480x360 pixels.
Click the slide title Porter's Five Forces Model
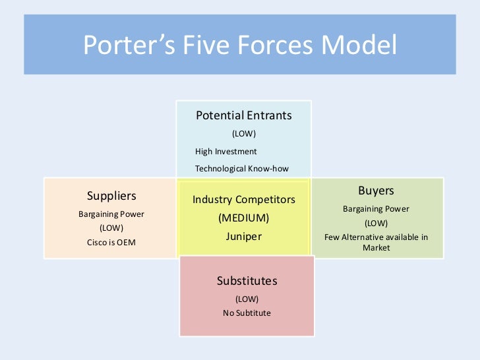[x=240, y=46]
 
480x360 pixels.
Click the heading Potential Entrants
[x=243, y=115]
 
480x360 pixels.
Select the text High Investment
[x=225, y=152]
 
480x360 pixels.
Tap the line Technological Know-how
[x=242, y=168]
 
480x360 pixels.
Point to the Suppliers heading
[x=111, y=196]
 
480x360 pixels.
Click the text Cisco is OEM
[x=111, y=241]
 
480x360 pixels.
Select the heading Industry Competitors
[x=243, y=199]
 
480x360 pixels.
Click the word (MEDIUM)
[x=243, y=218]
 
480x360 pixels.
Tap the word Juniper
[x=243, y=235]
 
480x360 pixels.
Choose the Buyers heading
[x=376, y=191]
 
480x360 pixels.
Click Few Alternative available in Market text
[x=376, y=242]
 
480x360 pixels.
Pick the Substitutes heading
[x=247, y=281]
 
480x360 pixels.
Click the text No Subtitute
[x=247, y=313]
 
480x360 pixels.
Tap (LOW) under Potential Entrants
[x=243, y=134]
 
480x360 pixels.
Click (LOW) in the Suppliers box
[x=111, y=227]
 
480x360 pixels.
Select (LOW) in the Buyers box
[x=376, y=223]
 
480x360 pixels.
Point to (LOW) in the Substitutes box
[x=247, y=298]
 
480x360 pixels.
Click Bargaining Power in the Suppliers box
[x=111, y=214]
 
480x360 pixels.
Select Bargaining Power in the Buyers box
[x=376, y=209]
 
